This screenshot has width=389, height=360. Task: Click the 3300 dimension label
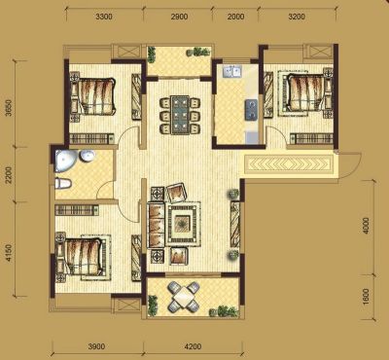pyautogui.click(x=104, y=17)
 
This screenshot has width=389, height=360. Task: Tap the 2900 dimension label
pyautogui.click(x=179, y=17)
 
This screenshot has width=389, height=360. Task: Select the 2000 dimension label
pyautogui.click(x=235, y=17)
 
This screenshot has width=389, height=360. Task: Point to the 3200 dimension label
pyautogui.click(x=297, y=17)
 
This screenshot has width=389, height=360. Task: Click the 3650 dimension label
pyautogui.click(x=9, y=108)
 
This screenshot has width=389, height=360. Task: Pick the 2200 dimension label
pyautogui.click(x=9, y=175)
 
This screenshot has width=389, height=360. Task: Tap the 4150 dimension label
pyautogui.click(x=9, y=253)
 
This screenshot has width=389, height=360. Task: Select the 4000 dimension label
pyautogui.click(x=366, y=226)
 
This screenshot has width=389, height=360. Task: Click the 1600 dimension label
pyautogui.click(x=366, y=297)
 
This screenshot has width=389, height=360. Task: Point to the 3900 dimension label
pyautogui.click(x=96, y=346)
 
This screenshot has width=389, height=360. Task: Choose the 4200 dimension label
pyautogui.click(x=193, y=346)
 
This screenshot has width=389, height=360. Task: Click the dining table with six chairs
pyautogui.click(x=180, y=115)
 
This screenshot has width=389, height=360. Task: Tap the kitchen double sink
pyautogui.click(x=231, y=72)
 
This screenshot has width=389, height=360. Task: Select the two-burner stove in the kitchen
pyautogui.click(x=251, y=110)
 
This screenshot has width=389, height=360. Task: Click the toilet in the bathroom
pyautogui.click(x=63, y=184)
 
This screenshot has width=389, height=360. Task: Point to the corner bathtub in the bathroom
pyautogui.click(x=66, y=161)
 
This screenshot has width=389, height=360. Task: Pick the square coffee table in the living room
pyautogui.click(x=183, y=223)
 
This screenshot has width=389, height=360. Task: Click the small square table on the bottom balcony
pyautogui.click(x=183, y=297)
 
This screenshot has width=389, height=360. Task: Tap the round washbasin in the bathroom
pyautogui.click(x=88, y=157)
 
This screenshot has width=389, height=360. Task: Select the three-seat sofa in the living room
pyautogui.click(x=157, y=225)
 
